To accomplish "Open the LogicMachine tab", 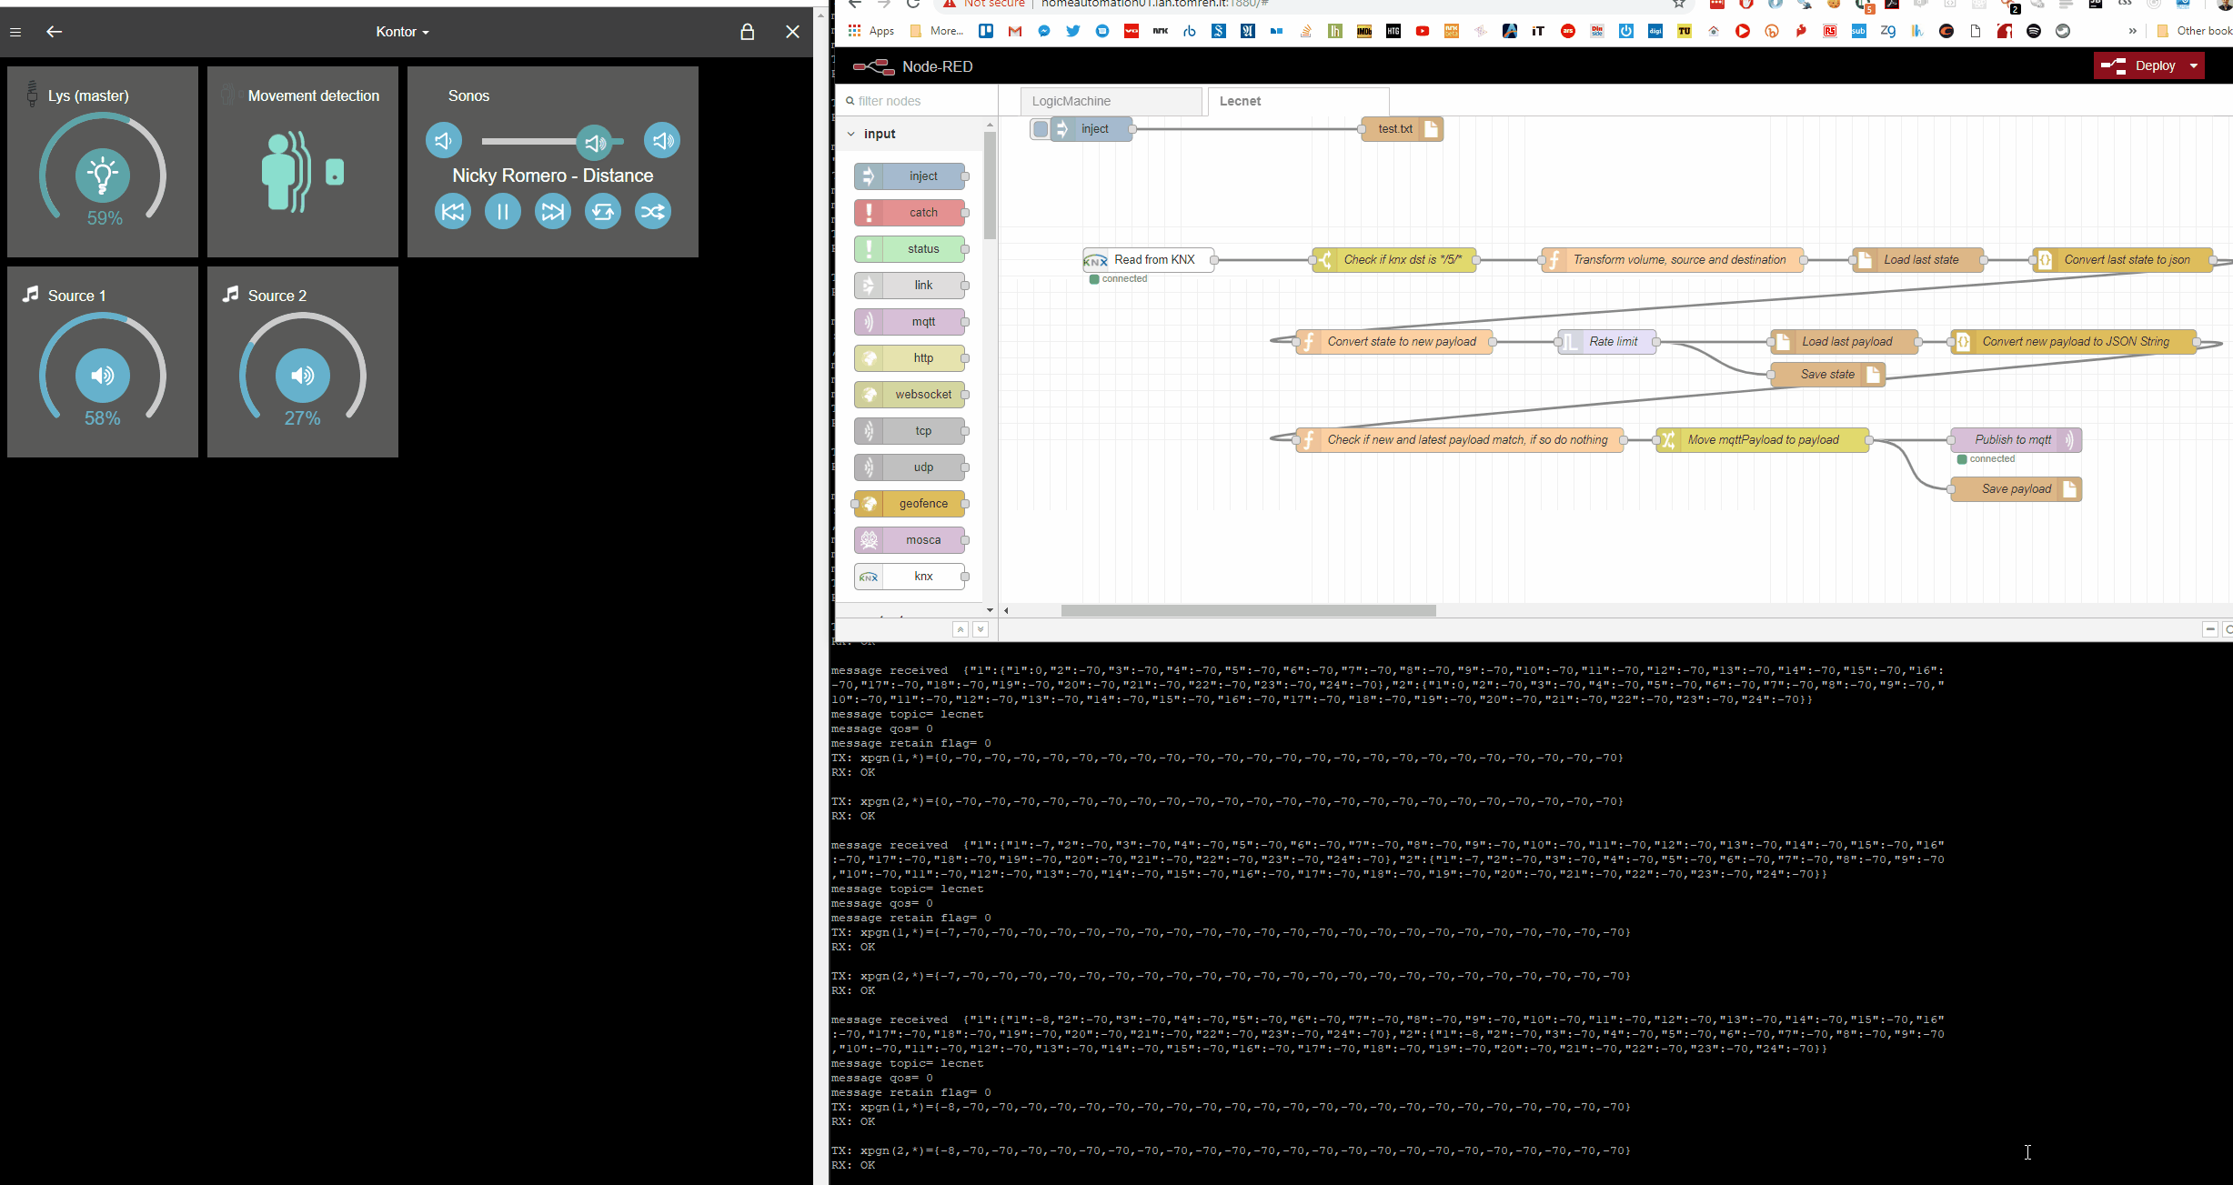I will coord(1109,101).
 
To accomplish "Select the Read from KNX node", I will coord(1151,260).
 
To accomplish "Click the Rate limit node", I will coord(1610,342).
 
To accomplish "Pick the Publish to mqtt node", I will coord(2012,440).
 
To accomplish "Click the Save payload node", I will coord(2015,489).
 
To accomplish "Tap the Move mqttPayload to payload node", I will coord(1762,440).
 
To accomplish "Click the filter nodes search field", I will coord(919,101).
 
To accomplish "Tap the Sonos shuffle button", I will coord(652,212).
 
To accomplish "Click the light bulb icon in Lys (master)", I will coord(103,176).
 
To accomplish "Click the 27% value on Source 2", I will coord(302,418).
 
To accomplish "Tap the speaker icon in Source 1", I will coord(103,376).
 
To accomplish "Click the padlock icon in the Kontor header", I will coord(747,32).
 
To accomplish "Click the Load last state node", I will coord(1919,260).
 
